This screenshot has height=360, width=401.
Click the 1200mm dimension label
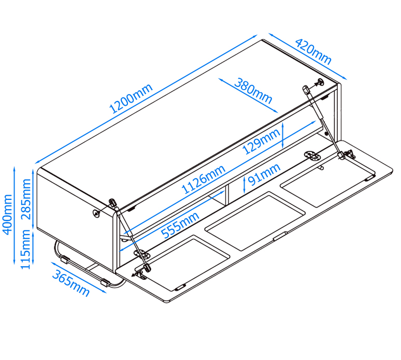coord(131,98)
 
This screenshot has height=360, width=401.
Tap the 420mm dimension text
coord(313,51)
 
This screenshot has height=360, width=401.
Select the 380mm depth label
coord(253,91)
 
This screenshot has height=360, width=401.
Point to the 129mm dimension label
coord(261,141)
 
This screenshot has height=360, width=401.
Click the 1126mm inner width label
coord(203,179)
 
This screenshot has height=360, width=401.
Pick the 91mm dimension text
coord(264,175)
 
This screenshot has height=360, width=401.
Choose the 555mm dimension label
coord(180,225)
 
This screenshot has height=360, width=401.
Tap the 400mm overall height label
coord(7,214)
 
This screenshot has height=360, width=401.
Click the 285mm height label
coord(26,199)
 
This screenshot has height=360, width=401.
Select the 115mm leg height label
coord(25,249)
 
